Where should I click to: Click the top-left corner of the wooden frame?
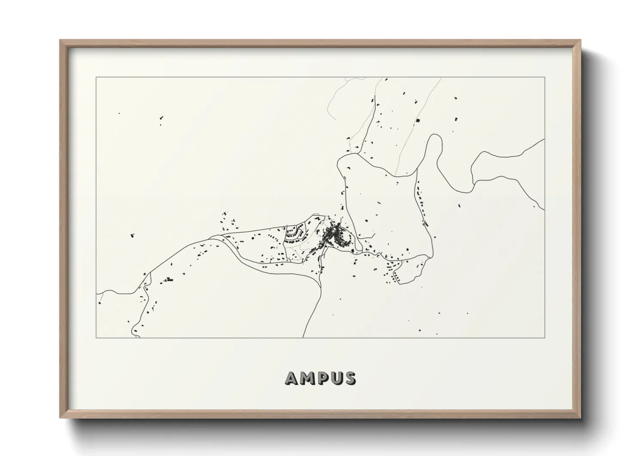60,41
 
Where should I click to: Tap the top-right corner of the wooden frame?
580,41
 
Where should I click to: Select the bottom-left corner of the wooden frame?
60,418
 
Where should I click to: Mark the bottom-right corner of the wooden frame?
580,418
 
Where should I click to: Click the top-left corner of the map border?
96,78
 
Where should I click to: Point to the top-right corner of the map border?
545,78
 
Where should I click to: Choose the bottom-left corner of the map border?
96,337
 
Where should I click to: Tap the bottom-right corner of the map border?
545,337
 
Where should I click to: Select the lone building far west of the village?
132,236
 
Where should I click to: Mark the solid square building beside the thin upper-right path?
417,121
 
